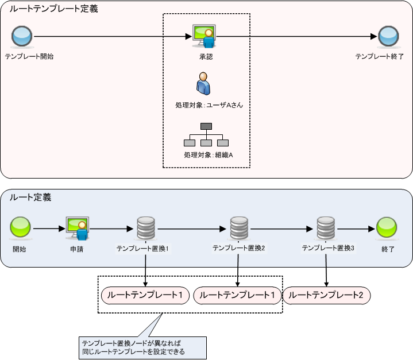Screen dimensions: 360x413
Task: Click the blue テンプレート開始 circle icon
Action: (x=22, y=37)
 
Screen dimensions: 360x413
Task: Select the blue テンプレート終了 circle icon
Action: (x=388, y=37)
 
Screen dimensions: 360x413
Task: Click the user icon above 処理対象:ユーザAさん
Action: (x=203, y=84)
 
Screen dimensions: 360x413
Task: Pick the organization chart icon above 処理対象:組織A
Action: (x=206, y=135)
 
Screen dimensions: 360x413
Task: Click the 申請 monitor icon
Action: (x=77, y=229)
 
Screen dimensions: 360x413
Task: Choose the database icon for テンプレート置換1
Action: (x=144, y=229)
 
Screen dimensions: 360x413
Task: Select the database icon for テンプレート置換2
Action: (x=238, y=229)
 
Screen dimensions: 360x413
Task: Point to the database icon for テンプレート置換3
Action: (x=326, y=229)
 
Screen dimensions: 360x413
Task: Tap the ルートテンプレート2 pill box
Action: (x=326, y=295)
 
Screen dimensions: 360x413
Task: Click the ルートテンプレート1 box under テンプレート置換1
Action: (x=145, y=295)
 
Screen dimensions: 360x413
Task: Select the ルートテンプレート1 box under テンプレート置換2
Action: (x=238, y=295)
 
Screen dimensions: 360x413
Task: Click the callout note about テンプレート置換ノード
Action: (x=141, y=347)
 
